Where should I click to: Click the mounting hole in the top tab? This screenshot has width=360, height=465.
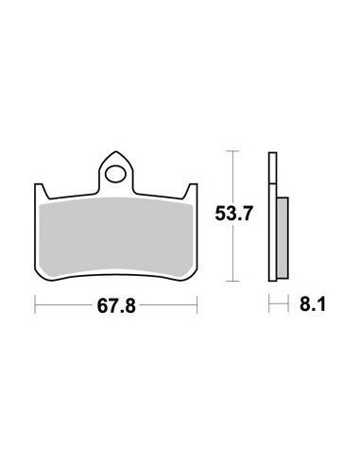pos(116,174)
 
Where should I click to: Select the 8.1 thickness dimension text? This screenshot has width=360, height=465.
pos(308,304)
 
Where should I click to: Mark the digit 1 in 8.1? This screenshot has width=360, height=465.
pos(319,304)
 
